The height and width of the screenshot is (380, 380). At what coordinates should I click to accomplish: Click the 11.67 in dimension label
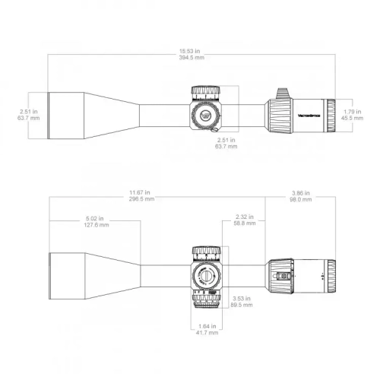(141, 193)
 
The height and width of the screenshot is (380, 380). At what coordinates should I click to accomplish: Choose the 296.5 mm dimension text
(141, 199)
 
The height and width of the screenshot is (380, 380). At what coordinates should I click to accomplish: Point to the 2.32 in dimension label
(244, 217)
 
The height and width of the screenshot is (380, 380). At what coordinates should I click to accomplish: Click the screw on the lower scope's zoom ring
(286, 277)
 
